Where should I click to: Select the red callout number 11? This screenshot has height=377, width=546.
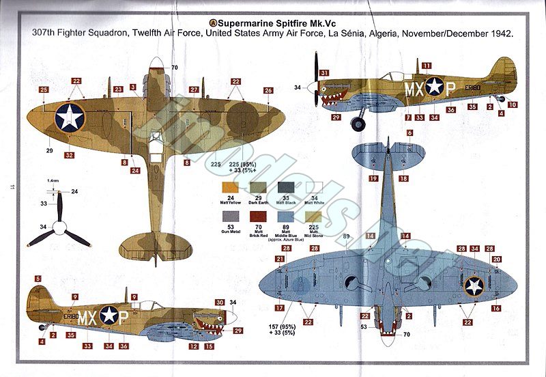(x=426, y=66)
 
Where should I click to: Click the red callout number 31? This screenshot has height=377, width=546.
(x=325, y=73)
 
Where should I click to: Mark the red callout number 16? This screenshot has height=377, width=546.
(x=496, y=309)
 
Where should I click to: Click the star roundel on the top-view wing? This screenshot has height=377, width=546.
(x=69, y=117)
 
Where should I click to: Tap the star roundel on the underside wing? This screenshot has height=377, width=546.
(x=474, y=285)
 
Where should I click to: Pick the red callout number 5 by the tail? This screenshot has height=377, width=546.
(x=38, y=279)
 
